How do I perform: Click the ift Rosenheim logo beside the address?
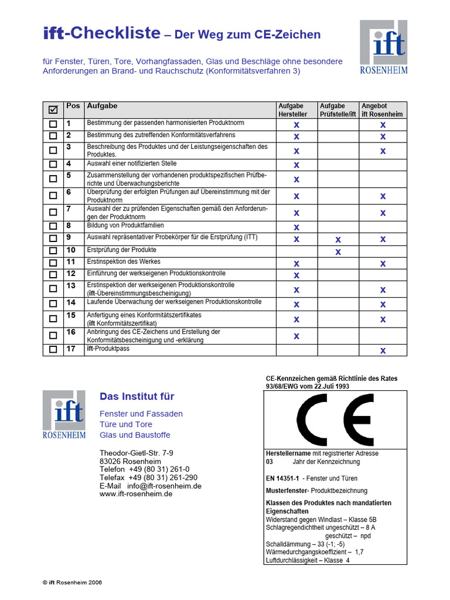[64, 415]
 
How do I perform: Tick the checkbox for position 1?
[53, 124]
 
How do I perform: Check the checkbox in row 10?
[53, 251]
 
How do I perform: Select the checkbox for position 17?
[53, 350]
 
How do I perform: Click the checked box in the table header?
[53, 110]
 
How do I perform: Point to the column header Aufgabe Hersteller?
[296, 110]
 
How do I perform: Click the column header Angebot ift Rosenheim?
[382, 110]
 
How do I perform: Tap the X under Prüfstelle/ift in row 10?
[337, 252]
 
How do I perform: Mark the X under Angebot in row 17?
[383, 350]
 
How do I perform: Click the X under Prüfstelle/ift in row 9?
[337, 239]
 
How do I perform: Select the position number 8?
[69, 226]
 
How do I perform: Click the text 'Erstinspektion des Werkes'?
[124, 262]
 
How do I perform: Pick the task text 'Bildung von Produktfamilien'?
[125, 226]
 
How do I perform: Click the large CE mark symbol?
[335, 420]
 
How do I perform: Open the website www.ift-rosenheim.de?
[136, 494]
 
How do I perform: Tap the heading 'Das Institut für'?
[137, 397]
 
